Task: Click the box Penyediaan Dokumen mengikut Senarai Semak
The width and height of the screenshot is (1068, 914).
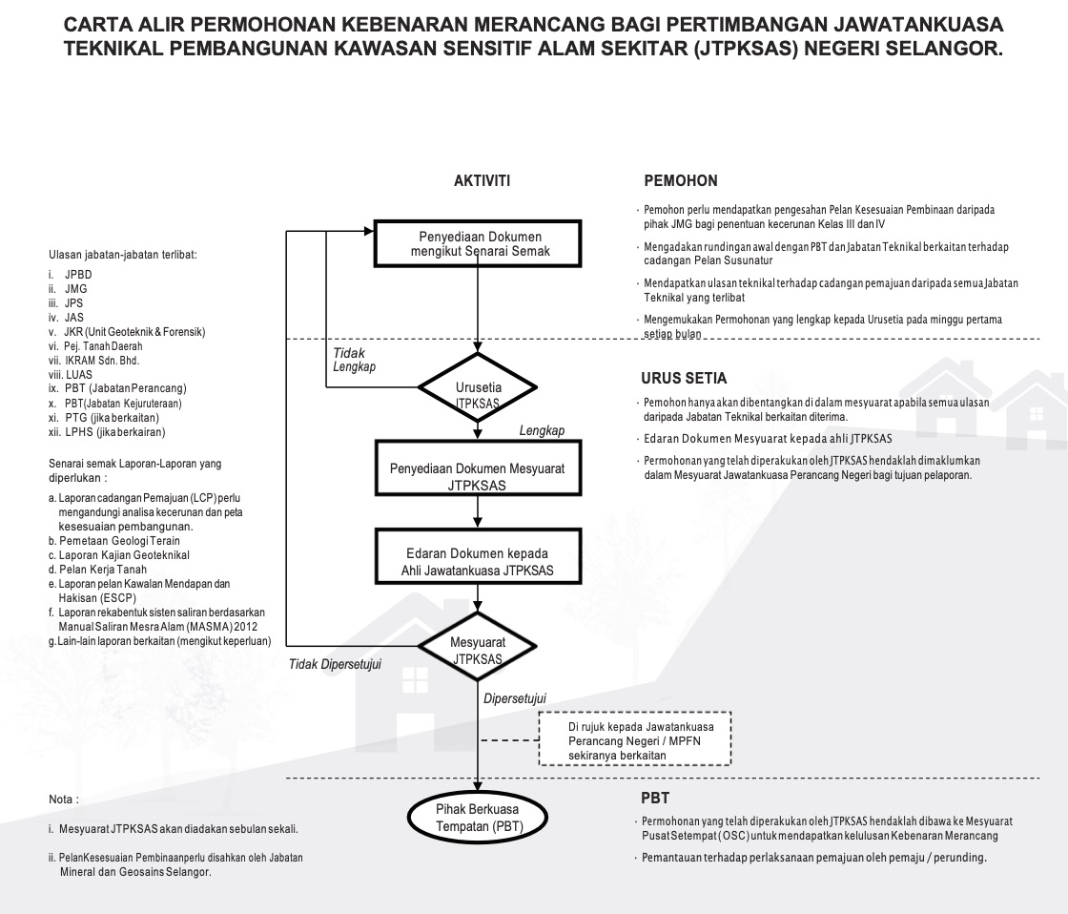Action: click(476, 244)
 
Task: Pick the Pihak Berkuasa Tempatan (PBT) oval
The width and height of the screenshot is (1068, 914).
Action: click(478, 818)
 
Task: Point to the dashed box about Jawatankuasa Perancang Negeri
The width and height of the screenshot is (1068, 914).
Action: click(634, 740)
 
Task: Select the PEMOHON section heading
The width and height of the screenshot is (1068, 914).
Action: click(680, 180)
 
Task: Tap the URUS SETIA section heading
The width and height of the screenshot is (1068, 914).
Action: click(685, 378)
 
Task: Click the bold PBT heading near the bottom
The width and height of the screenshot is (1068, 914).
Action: click(655, 798)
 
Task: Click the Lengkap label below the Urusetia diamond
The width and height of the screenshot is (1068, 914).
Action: click(542, 431)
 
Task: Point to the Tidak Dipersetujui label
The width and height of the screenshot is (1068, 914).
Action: click(335, 664)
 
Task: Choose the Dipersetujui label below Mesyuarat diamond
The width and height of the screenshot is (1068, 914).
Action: click(514, 698)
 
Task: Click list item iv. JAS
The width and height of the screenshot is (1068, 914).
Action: click(67, 317)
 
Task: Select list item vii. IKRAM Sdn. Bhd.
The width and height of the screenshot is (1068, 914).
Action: click(95, 360)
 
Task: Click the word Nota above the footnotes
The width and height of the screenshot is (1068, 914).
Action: click(63, 798)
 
